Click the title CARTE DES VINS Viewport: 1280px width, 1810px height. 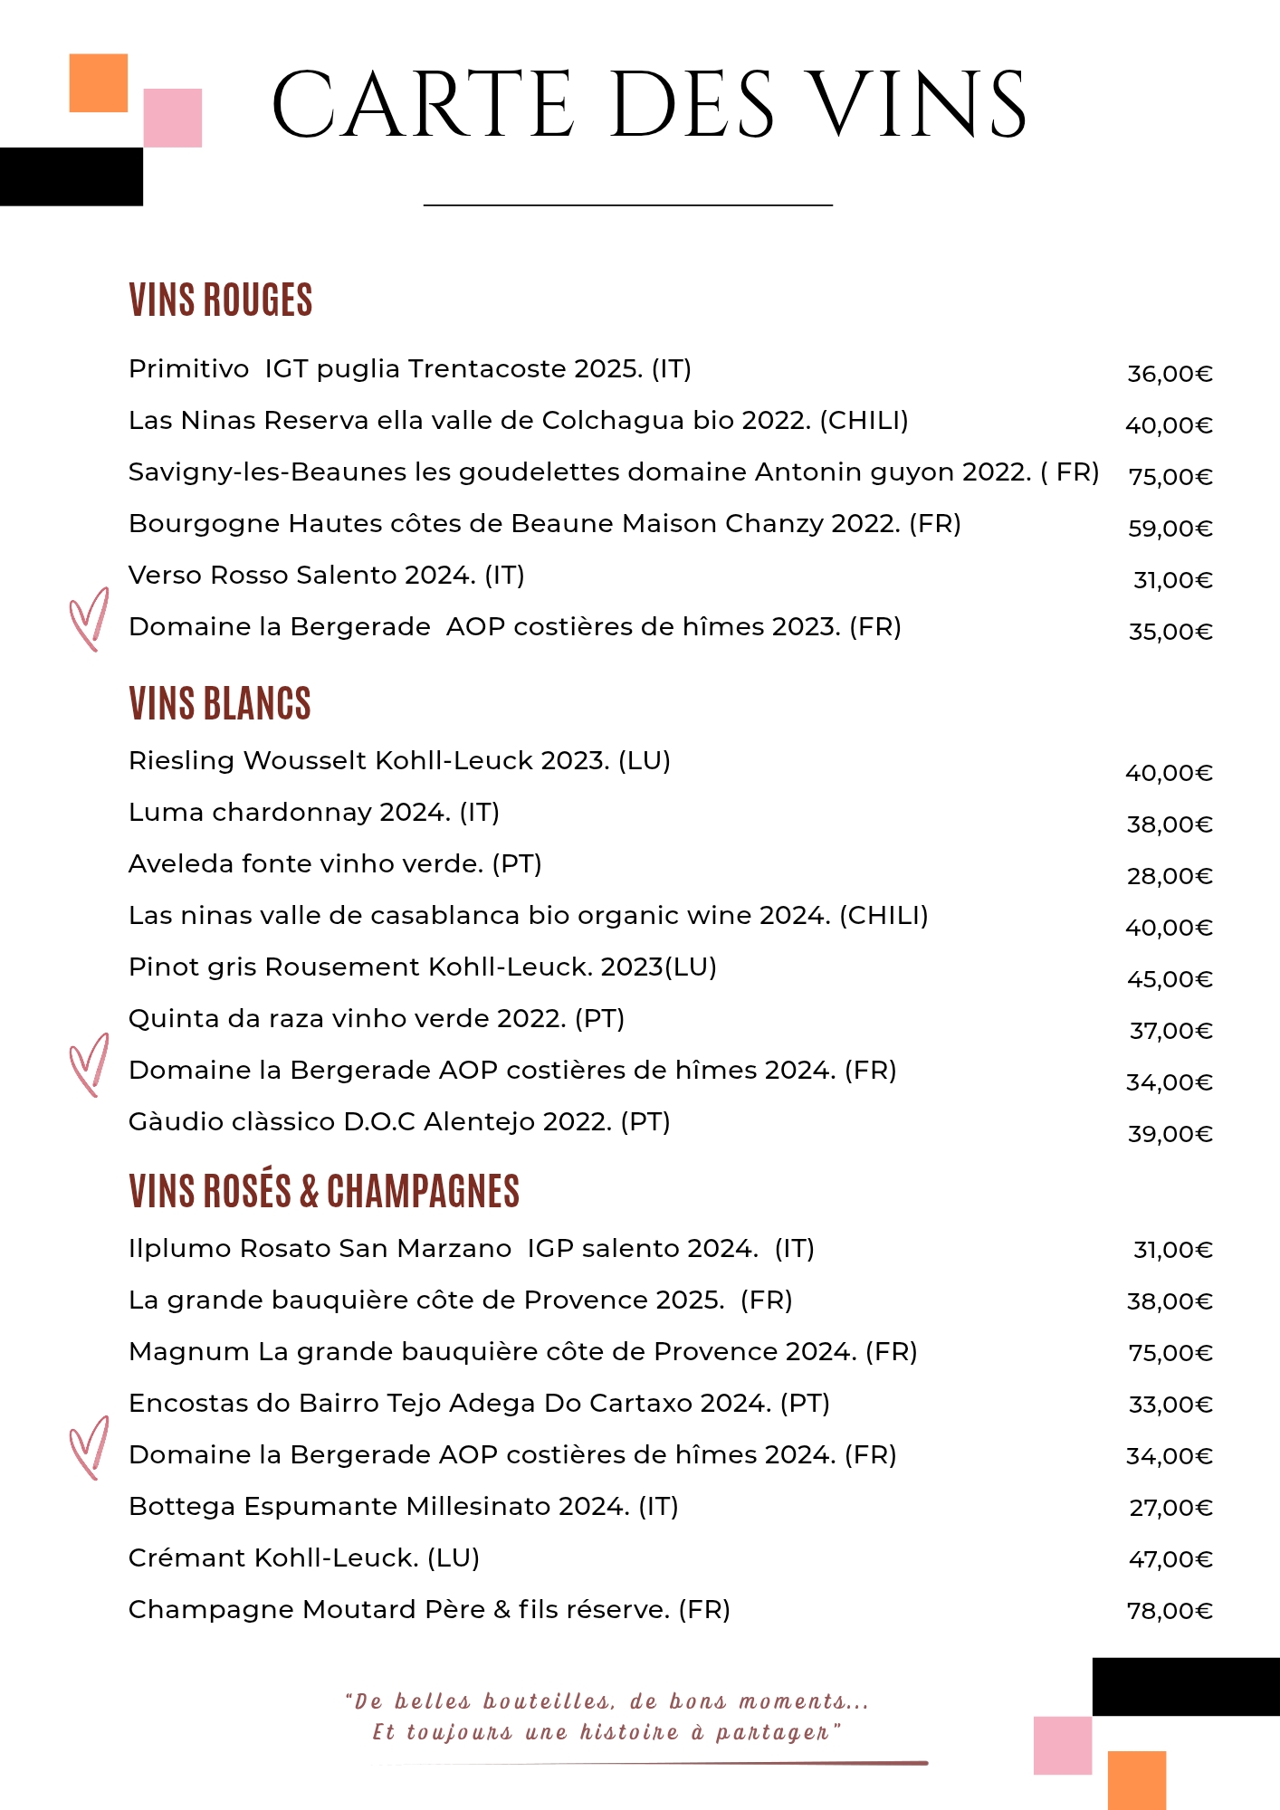[x=648, y=105]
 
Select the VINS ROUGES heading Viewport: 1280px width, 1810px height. [x=220, y=300]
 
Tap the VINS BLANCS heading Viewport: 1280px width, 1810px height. [x=219, y=703]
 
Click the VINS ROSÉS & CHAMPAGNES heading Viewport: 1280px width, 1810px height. [x=324, y=1191]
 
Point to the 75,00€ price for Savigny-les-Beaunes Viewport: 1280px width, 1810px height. [x=1170, y=476]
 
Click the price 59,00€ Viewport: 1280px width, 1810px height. [x=1170, y=528]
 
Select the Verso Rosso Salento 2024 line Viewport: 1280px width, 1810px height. [x=326, y=575]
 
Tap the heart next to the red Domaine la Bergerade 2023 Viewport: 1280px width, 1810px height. [x=89, y=620]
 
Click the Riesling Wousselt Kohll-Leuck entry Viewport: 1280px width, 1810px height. [x=399, y=760]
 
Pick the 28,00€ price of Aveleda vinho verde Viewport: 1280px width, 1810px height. [x=1170, y=875]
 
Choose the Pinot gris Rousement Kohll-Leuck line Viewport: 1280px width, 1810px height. [x=422, y=967]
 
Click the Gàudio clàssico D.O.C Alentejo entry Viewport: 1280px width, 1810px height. [x=399, y=1121]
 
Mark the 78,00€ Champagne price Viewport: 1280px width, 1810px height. [x=1170, y=1610]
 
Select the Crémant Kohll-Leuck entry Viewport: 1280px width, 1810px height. [x=303, y=1558]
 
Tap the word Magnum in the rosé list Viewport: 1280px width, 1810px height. [x=188, y=1351]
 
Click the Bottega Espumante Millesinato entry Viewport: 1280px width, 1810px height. [x=403, y=1506]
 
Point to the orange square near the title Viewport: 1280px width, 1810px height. [x=98, y=83]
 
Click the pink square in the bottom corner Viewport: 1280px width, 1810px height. [x=1063, y=1746]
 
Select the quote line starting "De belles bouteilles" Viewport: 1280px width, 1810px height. [x=607, y=1701]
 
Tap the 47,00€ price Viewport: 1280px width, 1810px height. [x=1170, y=1558]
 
